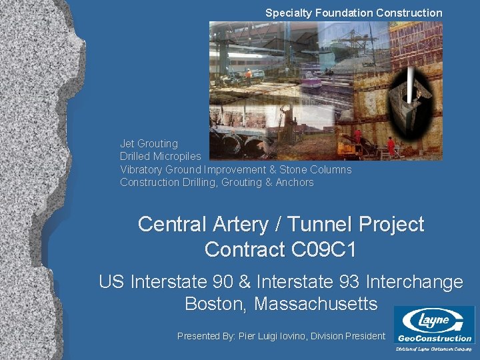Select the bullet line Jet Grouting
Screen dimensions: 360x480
[149, 143]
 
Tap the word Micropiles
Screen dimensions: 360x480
[177, 156]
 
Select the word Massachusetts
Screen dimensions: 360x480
[315, 304]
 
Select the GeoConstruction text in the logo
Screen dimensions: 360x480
[434, 338]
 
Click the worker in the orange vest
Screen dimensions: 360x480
[249, 74]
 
